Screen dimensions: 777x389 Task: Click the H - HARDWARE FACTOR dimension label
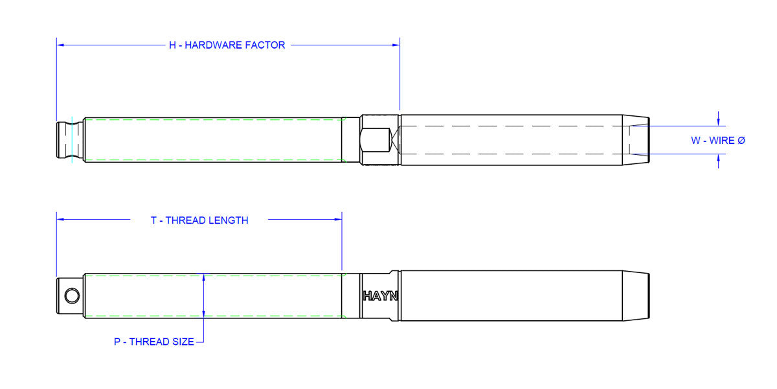(x=227, y=45)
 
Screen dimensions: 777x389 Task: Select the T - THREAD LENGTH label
(x=199, y=220)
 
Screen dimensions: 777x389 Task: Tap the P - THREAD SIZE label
(x=154, y=342)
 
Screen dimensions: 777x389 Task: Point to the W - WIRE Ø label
(x=717, y=140)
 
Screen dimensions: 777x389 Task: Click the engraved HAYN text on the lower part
(x=380, y=296)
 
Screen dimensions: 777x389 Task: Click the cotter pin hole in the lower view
(x=72, y=296)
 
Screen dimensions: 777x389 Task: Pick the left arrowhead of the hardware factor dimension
(x=60, y=45)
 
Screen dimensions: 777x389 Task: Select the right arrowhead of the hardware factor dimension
(x=396, y=45)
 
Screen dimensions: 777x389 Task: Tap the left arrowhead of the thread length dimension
(x=60, y=220)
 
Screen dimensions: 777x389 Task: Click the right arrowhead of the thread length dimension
(x=338, y=220)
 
